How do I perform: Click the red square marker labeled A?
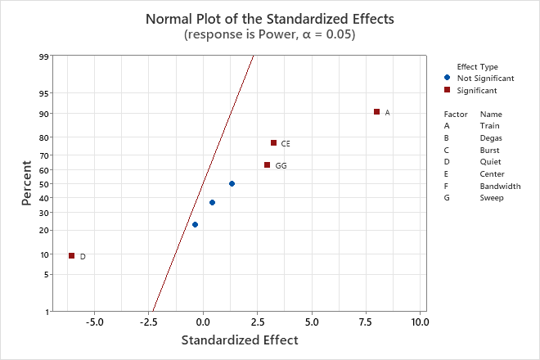[376, 112]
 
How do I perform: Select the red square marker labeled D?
[72, 256]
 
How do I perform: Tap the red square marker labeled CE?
[273, 143]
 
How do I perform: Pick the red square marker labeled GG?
[267, 165]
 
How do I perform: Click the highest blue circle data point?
[232, 184]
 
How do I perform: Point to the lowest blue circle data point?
[195, 224]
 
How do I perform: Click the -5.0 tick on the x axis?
[94, 322]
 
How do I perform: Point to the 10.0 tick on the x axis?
[420, 322]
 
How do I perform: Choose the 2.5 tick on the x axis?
[257, 322]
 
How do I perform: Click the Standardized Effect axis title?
[239, 340]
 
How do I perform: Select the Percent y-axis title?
[27, 184]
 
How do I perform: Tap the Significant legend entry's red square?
[447, 90]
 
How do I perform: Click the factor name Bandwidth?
[500, 186]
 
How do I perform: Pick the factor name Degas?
[492, 138]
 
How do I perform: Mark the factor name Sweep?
[492, 198]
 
